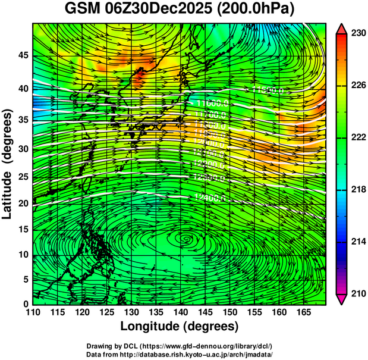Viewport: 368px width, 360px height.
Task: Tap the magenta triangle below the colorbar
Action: click(341, 300)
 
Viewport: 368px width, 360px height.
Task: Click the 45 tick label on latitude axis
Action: click(22, 55)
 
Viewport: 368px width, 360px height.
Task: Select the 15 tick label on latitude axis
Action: click(22, 230)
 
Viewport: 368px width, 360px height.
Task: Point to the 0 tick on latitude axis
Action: click(25, 303)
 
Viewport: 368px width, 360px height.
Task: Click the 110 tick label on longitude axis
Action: click(33, 312)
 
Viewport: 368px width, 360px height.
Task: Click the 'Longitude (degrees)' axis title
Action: click(180, 326)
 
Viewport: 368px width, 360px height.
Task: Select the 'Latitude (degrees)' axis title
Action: click(8, 163)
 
